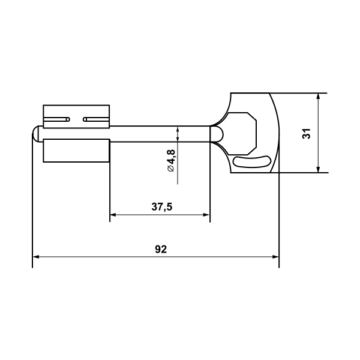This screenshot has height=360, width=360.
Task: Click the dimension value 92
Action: pos(161,249)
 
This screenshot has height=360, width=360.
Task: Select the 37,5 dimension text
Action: pos(161,207)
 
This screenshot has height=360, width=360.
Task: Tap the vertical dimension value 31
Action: pos(307,133)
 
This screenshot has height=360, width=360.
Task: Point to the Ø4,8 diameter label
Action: pos(171,160)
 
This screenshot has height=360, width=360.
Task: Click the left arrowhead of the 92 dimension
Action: pos(36,257)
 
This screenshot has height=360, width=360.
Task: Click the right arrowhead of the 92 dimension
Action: pos(275,257)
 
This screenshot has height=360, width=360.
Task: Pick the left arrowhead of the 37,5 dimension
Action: pos(113,215)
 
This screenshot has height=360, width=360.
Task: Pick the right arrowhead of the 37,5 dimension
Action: pos(206,215)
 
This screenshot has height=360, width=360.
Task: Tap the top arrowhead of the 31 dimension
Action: pos(318,97)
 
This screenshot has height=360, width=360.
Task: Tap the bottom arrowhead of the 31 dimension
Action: pos(318,169)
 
